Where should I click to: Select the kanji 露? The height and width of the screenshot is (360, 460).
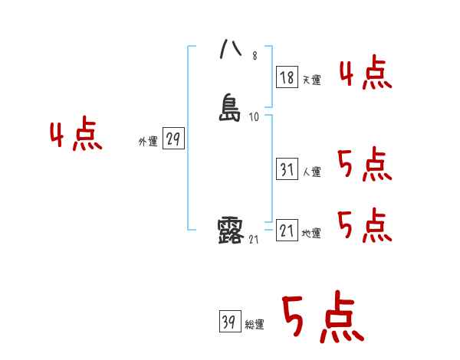(231, 230)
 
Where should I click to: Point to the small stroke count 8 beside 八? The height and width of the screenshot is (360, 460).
(255, 56)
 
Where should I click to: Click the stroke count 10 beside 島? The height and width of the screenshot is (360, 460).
(254, 117)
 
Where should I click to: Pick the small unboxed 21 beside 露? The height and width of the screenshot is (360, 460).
(254, 240)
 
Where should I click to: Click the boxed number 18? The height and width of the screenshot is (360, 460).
(287, 77)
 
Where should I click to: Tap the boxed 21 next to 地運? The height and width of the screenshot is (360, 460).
(287, 231)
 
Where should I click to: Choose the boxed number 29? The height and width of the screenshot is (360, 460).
(173, 139)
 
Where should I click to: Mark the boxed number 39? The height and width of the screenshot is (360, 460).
(228, 322)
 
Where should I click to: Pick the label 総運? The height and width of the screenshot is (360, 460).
(254, 325)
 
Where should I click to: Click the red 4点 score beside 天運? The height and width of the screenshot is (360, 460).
(365, 74)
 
